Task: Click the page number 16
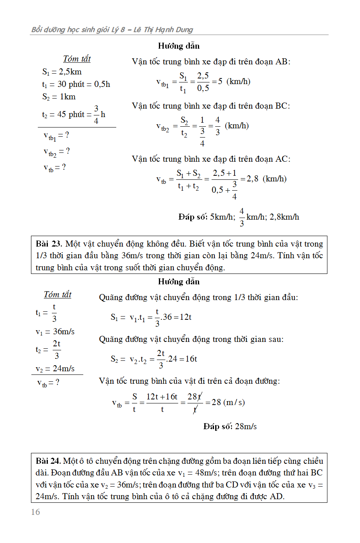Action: click(35, 512)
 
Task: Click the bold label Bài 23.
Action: click(49, 244)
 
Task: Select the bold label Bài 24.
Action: click(49, 461)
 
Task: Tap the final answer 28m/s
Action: click(246, 426)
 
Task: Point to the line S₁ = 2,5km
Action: click(62, 72)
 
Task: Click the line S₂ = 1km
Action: click(59, 97)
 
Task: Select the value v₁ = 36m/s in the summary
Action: click(55, 332)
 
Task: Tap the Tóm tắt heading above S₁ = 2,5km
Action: click(77, 59)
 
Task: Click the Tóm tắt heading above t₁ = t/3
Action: click(58, 295)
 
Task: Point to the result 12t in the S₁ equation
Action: click(185, 317)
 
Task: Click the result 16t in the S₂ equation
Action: click(191, 359)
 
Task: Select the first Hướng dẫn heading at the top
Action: click(179, 46)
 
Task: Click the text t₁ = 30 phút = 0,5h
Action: click(76, 84)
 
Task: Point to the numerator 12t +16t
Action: click(162, 397)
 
